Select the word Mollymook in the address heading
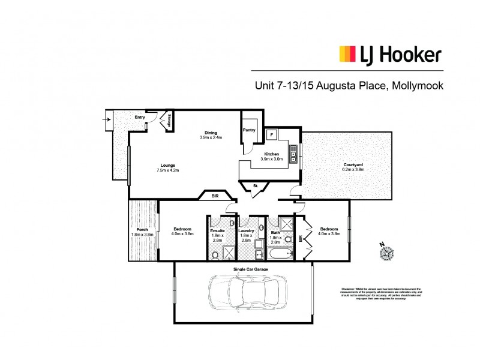416,86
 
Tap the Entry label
139,117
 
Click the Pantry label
250,130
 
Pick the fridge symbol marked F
271,134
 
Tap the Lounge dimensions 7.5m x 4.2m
167,170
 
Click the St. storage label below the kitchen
255,186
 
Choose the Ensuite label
217,230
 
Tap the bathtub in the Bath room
280,255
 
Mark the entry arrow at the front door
107,119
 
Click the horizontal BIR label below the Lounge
214,196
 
